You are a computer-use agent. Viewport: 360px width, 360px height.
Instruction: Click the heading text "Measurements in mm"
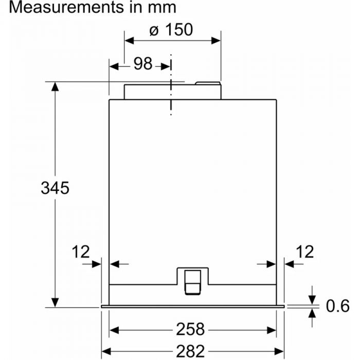(88, 8)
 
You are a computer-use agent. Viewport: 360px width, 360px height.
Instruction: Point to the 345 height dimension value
(55, 188)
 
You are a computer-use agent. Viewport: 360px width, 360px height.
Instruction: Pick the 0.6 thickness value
(337, 307)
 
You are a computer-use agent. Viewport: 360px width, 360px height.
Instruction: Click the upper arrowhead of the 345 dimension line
(55, 87)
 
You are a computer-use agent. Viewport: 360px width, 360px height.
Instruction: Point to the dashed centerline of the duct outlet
(171, 87)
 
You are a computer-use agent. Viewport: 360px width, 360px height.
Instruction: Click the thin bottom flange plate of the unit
(193, 307)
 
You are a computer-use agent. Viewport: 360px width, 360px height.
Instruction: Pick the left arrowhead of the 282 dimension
(107, 351)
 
